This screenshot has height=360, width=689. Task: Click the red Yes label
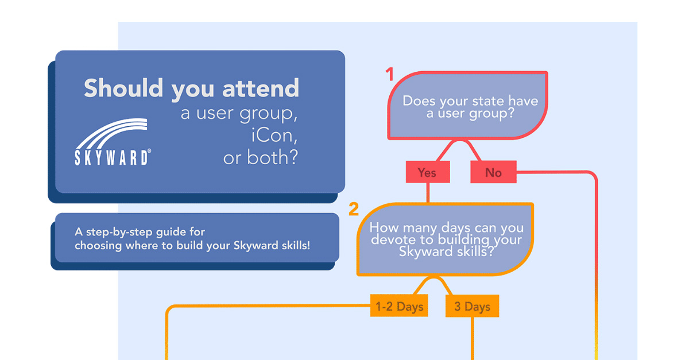click(x=427, y=172)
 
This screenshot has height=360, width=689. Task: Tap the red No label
click(x=493, y=172)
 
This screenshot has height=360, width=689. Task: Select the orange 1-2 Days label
click(x=399, y=307)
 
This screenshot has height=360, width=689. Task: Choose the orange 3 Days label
click(x=472, y=307)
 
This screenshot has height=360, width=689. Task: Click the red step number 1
click(x=390, y=75)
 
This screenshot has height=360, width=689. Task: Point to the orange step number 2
click(x=354, y=210)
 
